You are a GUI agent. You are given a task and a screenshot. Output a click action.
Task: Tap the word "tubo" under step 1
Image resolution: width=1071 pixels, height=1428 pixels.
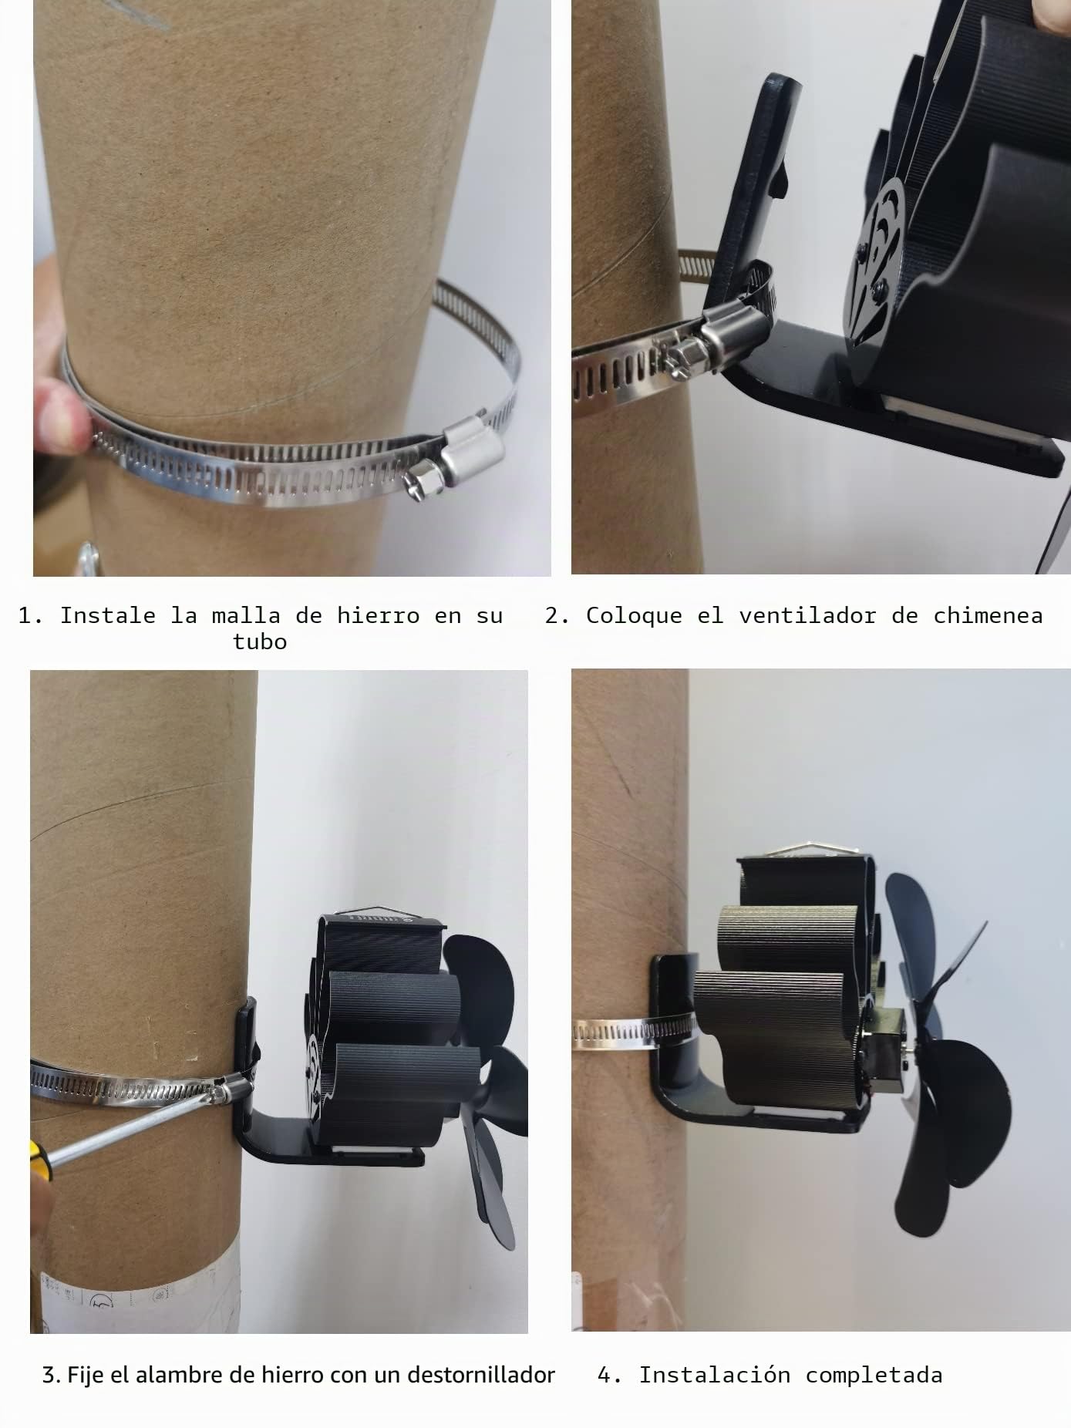260,642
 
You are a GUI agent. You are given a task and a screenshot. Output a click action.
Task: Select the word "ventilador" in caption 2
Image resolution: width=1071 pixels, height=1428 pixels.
807,615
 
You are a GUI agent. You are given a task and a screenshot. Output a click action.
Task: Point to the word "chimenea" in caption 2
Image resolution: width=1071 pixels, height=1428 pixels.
988,615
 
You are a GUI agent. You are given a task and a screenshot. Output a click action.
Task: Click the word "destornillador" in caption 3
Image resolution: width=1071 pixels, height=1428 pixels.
481,1375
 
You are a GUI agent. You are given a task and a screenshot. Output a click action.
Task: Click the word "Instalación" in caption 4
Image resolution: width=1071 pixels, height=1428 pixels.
715,1375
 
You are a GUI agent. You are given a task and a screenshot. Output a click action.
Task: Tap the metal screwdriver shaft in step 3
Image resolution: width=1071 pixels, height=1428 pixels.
131,1127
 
